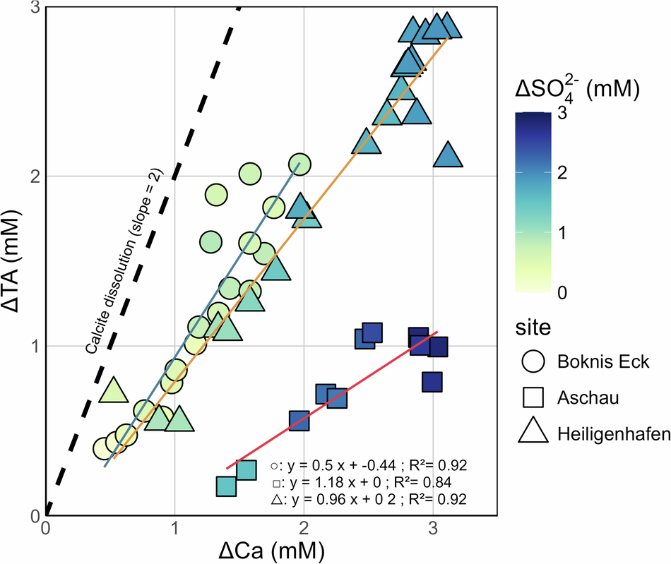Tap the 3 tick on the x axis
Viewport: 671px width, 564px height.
coord(432,528)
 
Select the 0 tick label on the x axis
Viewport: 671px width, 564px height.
coord(46,528)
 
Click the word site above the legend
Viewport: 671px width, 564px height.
coord(531,328)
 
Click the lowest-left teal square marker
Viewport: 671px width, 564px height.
coord(226,486)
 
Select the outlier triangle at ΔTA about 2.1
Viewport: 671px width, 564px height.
coord(448,155)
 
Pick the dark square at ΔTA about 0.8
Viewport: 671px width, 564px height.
coord(432,382)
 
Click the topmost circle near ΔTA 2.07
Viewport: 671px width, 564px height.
coord(299,164)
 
